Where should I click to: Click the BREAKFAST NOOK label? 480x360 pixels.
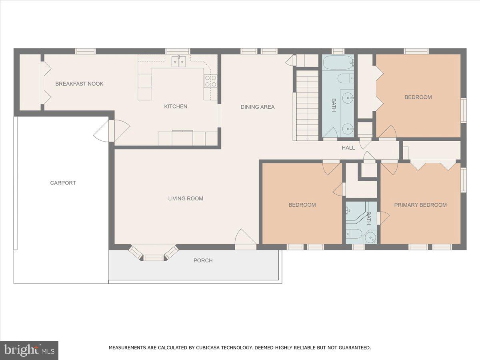(79, 84)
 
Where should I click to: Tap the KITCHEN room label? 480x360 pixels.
(176, 106)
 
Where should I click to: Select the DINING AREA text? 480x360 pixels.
(258, 107)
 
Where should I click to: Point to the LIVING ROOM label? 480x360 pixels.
(186, 198)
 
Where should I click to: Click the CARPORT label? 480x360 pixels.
(63, 183)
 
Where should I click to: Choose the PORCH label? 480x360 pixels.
(203, 260)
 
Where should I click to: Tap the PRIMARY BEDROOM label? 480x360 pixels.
(420, 205)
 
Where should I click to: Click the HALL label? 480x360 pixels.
(348, 148)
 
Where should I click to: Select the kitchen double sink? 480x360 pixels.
(179, 62)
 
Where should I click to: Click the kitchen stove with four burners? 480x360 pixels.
(210, 81)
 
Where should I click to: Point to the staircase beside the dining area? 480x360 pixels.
(307, 105)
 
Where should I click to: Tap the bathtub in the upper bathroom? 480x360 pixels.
(338, 62)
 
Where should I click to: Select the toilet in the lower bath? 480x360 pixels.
(354, 234)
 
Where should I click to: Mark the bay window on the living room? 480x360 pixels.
(154, 254)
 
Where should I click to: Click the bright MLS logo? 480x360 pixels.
(29, 350)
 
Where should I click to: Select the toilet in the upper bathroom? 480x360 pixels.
(344, 78)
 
